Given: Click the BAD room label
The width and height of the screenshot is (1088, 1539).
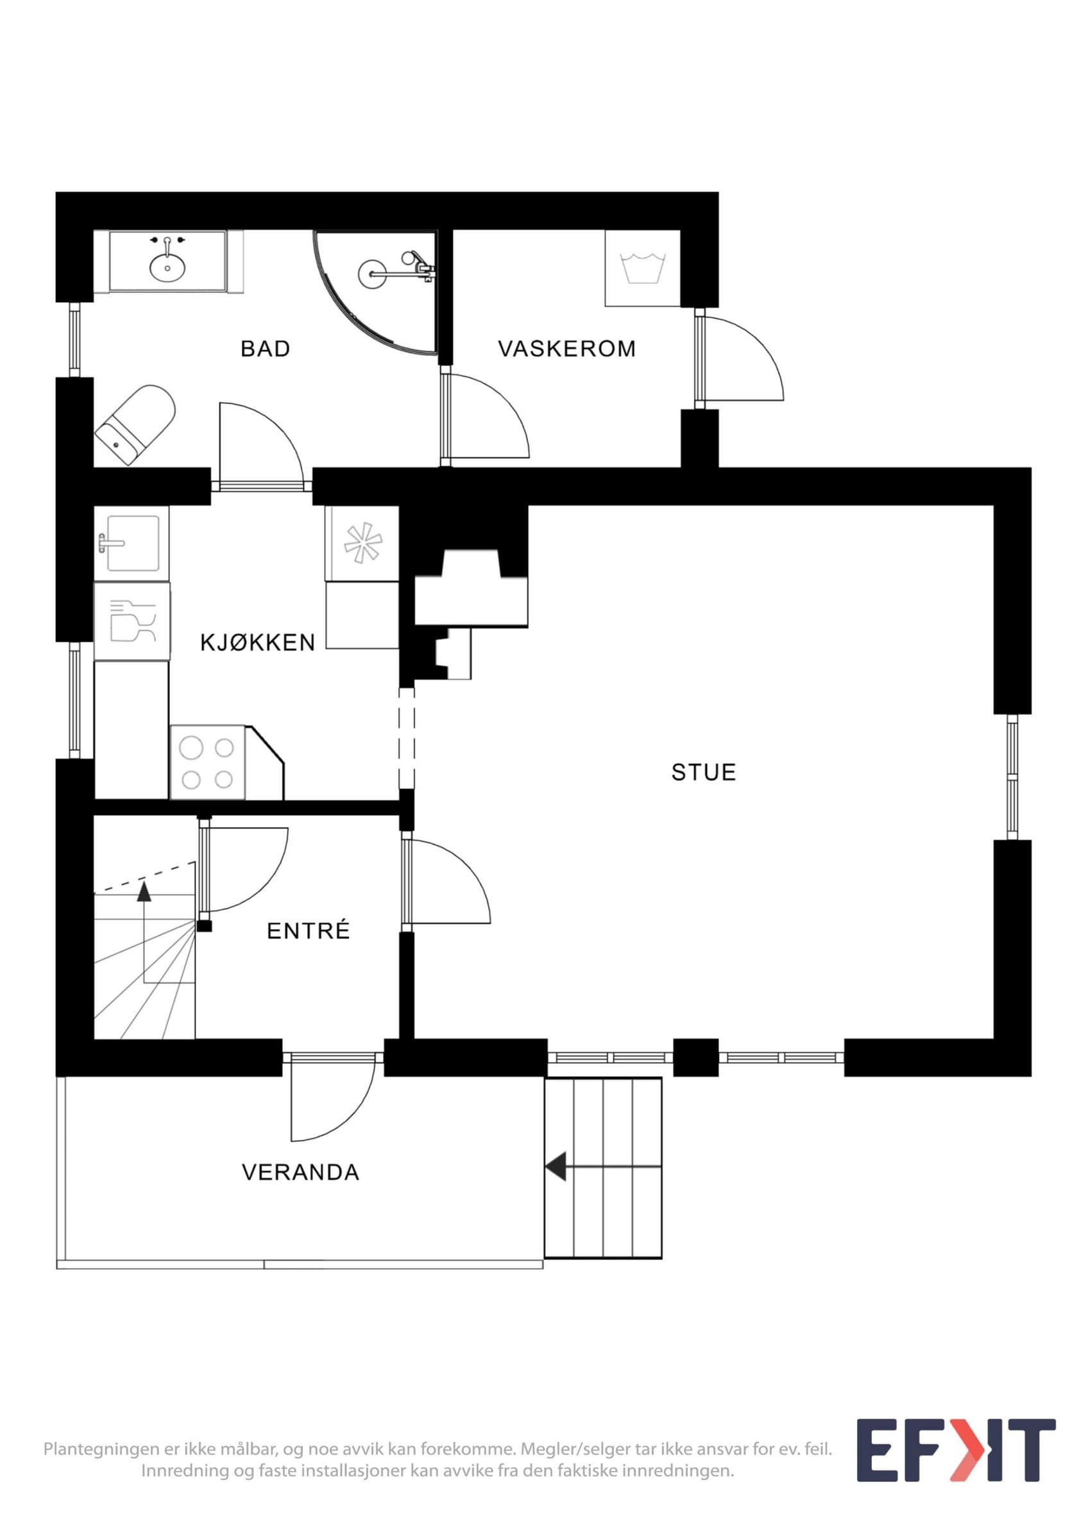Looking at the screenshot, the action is [x=266, y=349].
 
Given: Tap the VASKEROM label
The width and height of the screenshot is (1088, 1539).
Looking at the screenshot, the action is [x=567, y=349].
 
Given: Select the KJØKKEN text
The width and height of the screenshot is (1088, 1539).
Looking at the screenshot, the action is [x=258, y=642].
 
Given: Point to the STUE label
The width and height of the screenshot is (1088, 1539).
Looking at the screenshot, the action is [x=704, y=772].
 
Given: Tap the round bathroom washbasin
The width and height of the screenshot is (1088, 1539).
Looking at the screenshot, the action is [x=167, y=269].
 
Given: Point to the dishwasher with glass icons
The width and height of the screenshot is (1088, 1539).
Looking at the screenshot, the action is [x=132, y=621].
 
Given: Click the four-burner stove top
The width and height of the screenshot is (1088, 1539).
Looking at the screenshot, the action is [x=208, y=763].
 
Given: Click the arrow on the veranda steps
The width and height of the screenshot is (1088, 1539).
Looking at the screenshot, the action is [x=602, y=1166].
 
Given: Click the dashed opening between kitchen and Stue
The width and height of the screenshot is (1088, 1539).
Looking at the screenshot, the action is [x=407, y=739].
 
